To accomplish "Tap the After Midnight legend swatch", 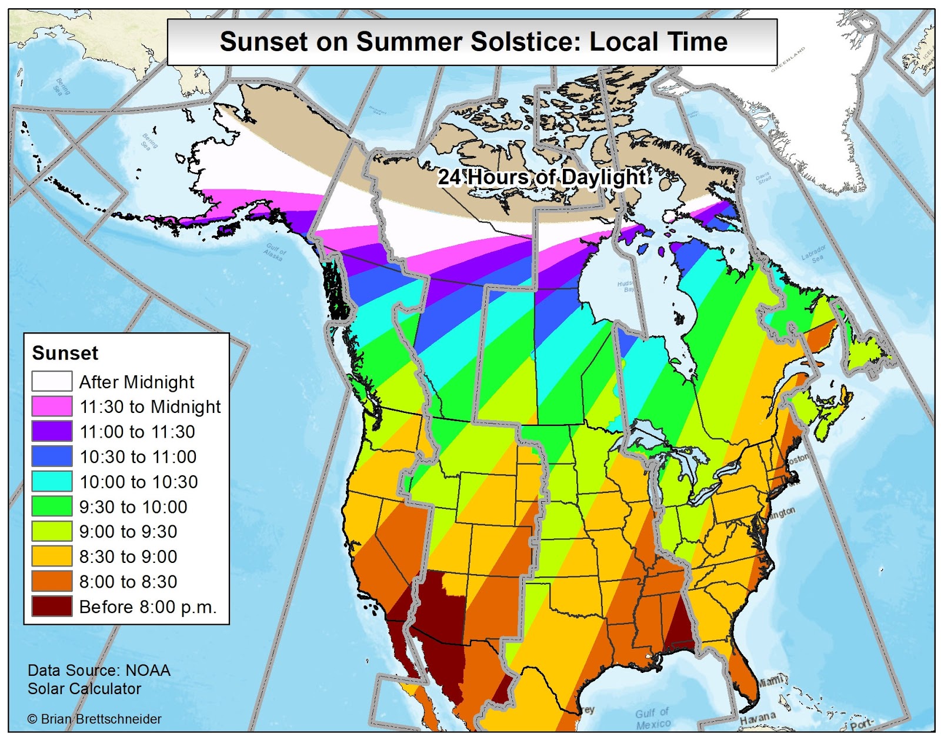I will point(52,381).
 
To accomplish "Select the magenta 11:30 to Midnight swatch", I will point(52,406).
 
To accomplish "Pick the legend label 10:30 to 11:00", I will point(138,456).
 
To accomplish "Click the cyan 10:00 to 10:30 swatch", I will point(52,481).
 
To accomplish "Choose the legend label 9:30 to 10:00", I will point(134,506).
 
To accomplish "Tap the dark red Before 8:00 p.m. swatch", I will point(52,606).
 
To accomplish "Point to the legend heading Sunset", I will point(65,353).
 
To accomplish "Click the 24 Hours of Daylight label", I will point(542,176).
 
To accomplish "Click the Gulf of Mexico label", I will point(653,719).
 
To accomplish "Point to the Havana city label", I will point(758,718).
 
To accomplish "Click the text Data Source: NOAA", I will point(99,670).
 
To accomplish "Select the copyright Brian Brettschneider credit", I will point(95,719).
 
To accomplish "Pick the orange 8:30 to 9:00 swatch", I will point(52,556).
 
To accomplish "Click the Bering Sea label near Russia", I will point(62,86).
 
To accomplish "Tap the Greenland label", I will point(788,59).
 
